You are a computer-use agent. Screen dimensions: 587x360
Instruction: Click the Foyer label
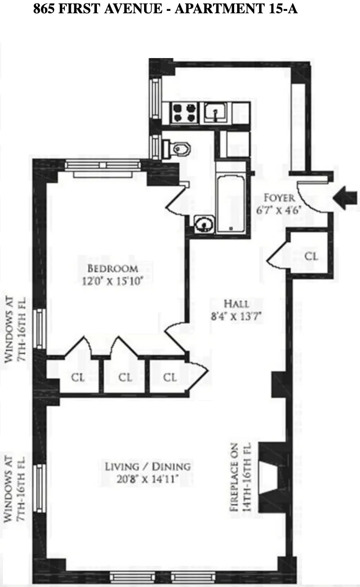pyautogui.click(x=279, y=198)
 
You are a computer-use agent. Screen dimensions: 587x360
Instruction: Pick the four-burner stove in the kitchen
pyautogui.click(x=183, y=113)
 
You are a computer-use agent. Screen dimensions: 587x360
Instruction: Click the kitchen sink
pyautogui.click(x=215, y=113)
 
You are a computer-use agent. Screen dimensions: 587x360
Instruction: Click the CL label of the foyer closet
pyautogui.click(x=311, y=256)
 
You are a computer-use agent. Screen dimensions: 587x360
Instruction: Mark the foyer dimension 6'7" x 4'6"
pyautogui.click(x=279, y=209)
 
